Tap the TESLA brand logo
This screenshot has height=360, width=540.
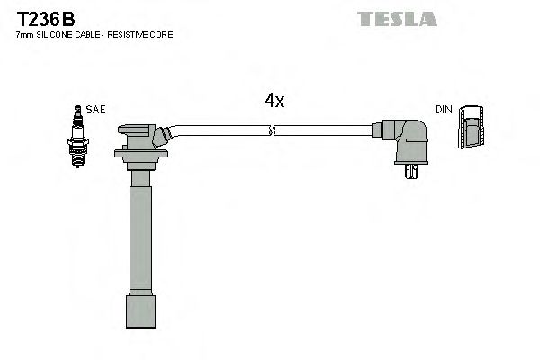[x=396, y=18]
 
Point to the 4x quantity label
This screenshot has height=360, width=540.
[x=274, y=102]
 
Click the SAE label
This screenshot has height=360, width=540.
[x=96, y=109]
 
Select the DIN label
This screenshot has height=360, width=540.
[x=443, y=109]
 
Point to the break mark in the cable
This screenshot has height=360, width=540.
[x=273, y=131]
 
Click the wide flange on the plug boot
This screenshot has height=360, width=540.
[x=141, y=156]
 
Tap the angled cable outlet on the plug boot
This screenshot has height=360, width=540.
[x=162, y=136]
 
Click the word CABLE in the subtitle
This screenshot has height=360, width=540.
[x=83, y=34]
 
